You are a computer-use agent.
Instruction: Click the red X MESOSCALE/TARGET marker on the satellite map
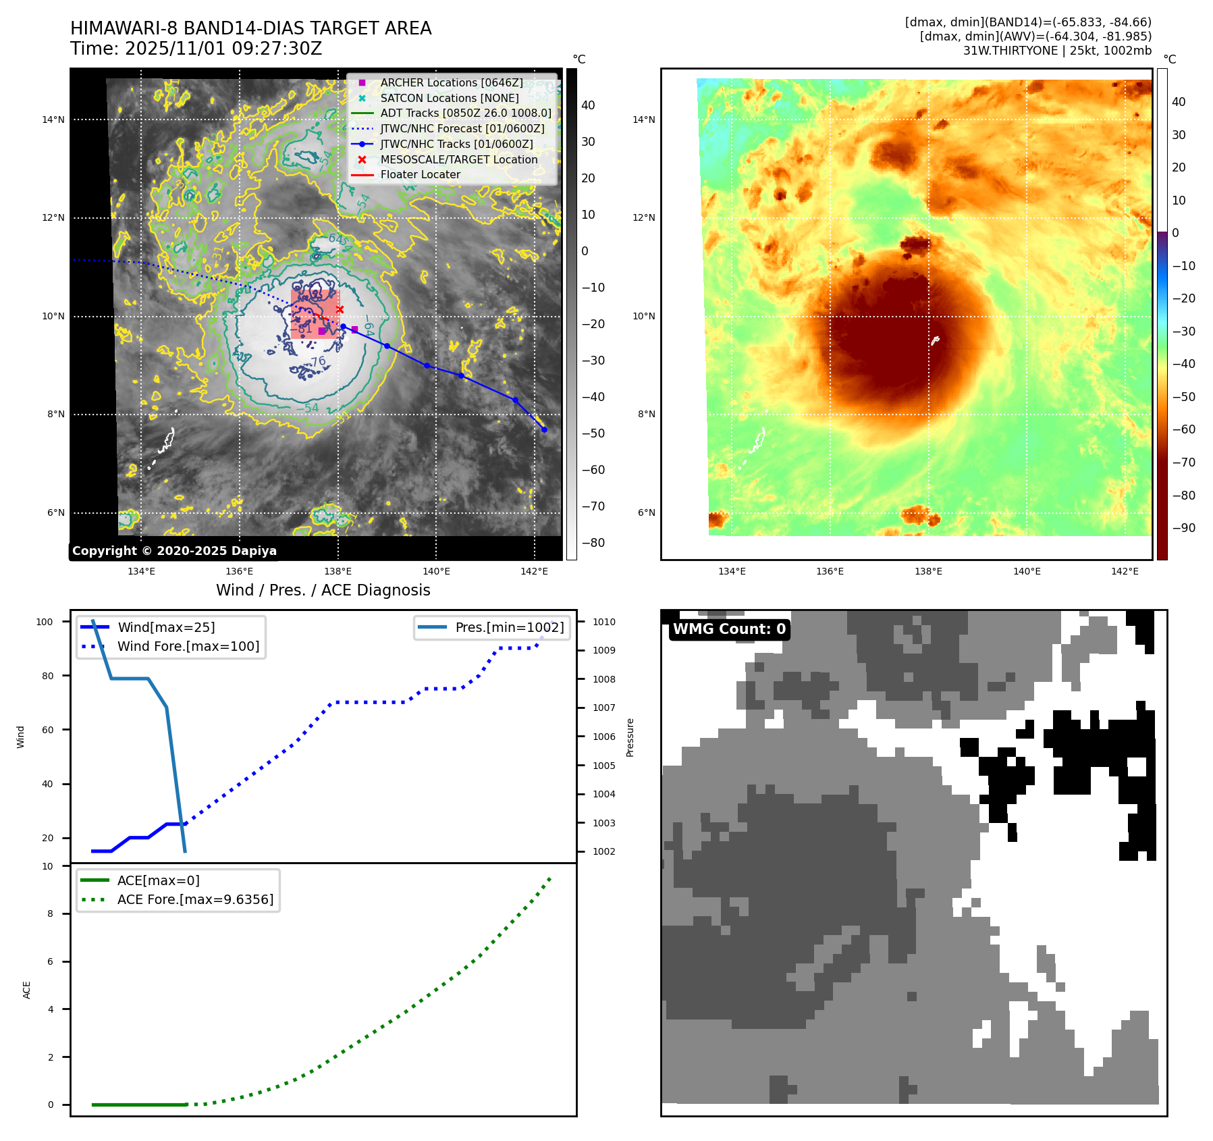tap(340, 310)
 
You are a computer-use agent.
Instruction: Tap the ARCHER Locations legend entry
tap(451, 82)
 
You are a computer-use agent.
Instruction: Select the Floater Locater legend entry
tap(420, 174)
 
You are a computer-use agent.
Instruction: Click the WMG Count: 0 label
tap(729, 629)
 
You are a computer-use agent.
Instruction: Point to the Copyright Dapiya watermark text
tap(174, 551)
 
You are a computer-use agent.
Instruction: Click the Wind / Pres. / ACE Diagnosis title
tap(323, 590)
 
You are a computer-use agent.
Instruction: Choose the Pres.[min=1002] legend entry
tap(509, 627)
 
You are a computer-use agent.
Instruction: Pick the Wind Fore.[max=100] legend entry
tap(188, 646)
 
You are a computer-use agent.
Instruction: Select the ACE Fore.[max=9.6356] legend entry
tap(195, 899)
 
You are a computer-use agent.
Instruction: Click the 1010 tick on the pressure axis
tap(604, 622)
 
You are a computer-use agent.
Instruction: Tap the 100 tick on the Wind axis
tap(45, 622)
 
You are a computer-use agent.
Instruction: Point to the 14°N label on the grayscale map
tap(53, 120)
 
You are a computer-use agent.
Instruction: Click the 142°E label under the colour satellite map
tap(1125, 571)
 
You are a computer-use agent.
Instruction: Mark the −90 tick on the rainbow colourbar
tap(1183, 528)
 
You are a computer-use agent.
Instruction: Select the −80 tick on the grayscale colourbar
tap(593, 543)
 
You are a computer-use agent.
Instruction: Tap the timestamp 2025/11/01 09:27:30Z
tap(223, 49)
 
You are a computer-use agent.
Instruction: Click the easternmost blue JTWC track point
tap(544, 429)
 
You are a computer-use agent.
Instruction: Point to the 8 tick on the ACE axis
tap(50, 913)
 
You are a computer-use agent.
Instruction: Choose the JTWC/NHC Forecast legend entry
tap(462, 128)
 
